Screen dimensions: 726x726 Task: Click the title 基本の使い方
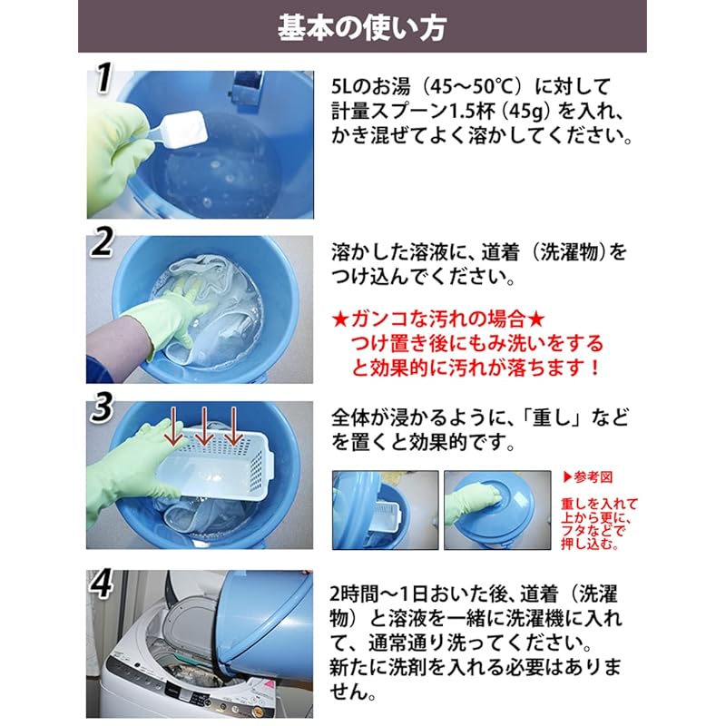(x=362, y=26)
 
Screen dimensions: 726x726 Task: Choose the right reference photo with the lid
(x=497, y=509)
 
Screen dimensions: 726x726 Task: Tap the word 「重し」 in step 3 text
(x=562, y=418)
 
